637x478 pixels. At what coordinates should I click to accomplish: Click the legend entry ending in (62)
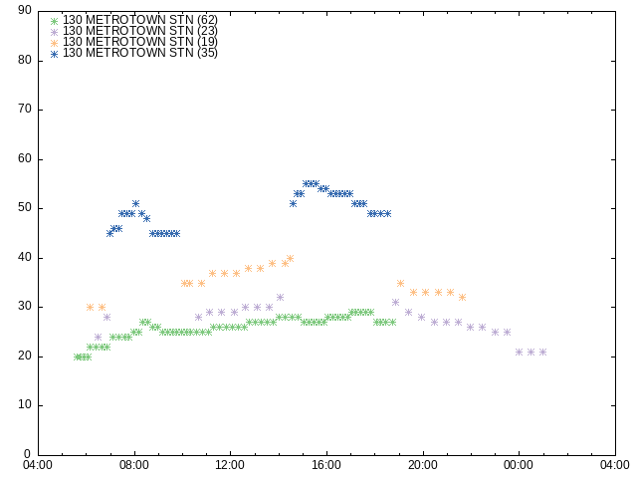click(140, 20)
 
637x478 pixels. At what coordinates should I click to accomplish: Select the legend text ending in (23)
click(140, 31)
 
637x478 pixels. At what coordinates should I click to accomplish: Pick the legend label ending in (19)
click(140, 42)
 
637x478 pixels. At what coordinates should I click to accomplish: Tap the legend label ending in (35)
click(140, 53)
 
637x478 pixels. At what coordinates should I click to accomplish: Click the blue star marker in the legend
click(55, 54)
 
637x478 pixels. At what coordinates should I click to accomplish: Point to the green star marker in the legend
click(55, 21)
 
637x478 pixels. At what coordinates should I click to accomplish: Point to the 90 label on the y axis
click(25, 10)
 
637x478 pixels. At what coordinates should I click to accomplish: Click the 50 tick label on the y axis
click(25, 208)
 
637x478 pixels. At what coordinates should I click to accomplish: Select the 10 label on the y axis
click(25, 405)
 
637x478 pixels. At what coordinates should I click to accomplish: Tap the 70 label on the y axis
click(25, 109)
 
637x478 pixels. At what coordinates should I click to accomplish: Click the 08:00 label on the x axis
click(134, 465)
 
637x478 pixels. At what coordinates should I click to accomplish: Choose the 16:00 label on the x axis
click(326, 465)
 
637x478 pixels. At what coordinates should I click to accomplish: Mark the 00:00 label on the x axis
click(520, 465)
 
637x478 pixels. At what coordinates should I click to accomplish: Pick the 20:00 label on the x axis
click(423, 465)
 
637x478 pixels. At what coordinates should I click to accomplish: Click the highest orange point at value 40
click(290, 259)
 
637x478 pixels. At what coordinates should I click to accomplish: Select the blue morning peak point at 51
click(135, 203)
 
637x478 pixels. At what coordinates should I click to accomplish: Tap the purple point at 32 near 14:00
click(280, 298)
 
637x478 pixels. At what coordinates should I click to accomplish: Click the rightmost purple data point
click(542, 352)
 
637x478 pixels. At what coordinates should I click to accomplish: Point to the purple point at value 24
click(98, 337)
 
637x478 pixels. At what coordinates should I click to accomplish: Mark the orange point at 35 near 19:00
click(400, 283)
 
